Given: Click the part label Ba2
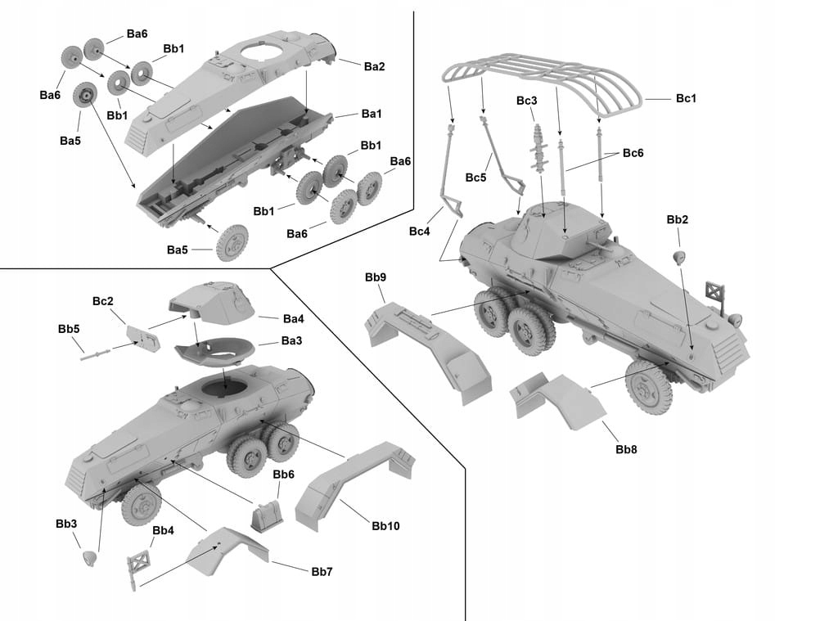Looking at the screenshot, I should [374, 66].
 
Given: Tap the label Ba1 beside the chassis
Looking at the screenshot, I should [372, 114].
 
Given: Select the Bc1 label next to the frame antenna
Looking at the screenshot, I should [686, 98].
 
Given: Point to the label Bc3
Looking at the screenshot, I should [527, 101].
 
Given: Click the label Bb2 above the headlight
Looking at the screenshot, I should [678, 219].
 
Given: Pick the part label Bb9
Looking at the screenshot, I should [376, 277].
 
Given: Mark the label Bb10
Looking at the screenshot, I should [385, 525].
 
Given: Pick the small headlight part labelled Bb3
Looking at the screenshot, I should [91, 559].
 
